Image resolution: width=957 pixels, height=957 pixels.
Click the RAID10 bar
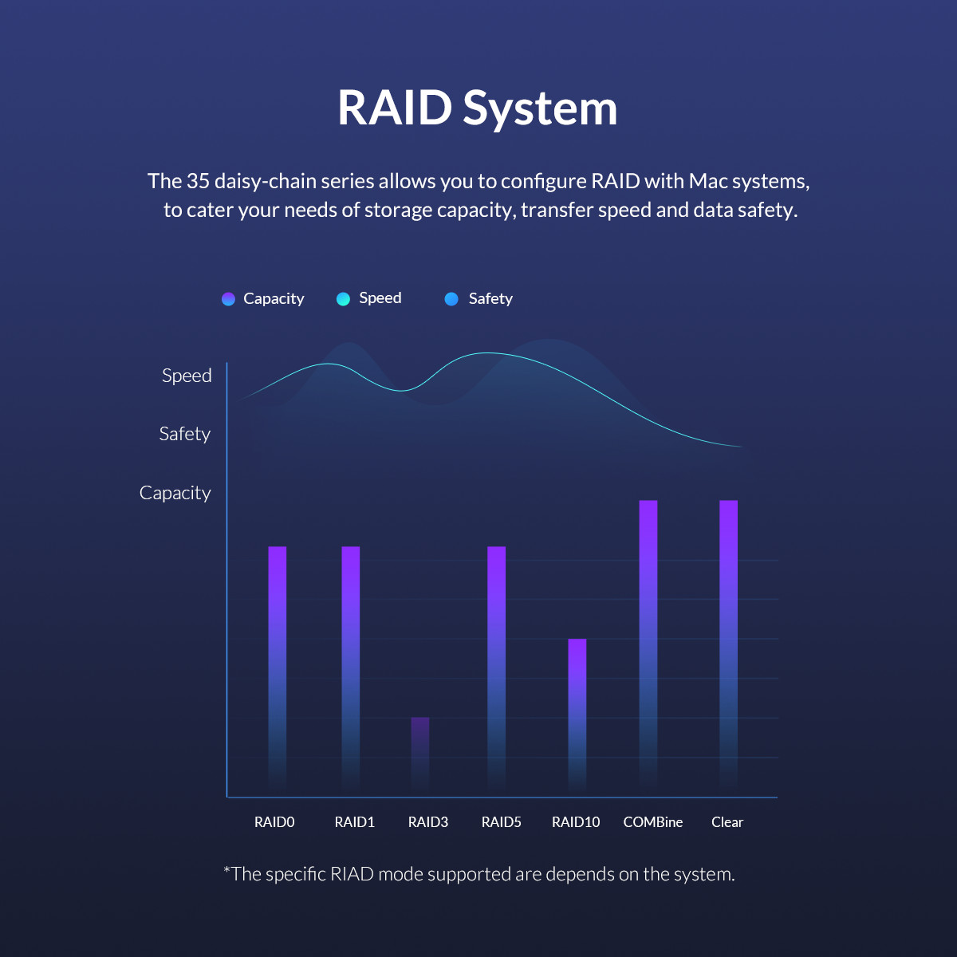[x=577, y=714]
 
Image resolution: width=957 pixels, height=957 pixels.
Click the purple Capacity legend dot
[x=228, y=299]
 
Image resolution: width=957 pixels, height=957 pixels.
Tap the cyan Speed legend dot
[x=343, y=299]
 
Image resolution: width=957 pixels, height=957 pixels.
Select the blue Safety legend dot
[x=451, y=299]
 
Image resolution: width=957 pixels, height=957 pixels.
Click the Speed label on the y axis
[x=187, y=376]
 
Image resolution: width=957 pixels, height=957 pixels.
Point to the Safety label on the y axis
[x=185, y=434]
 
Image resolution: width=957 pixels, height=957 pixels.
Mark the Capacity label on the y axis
[x=175, y=493]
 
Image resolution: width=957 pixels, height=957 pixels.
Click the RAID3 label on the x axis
[x=428, y=822]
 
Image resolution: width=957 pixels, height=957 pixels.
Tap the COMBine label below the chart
[x=653, y=822]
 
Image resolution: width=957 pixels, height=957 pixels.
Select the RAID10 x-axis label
[x=576, y=822]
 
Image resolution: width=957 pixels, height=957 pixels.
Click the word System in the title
[x=541, y=109]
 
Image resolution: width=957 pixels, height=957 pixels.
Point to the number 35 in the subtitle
[x=198, y=181]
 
